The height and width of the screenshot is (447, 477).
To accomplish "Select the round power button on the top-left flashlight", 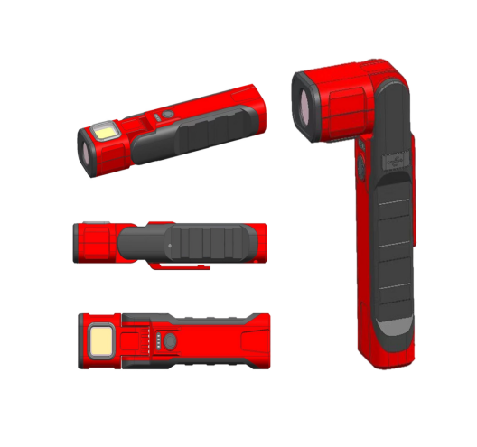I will pyautogui.click(x=155, y=117).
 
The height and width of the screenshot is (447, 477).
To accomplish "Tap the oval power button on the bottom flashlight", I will pyautogui.click(x=172, y=342).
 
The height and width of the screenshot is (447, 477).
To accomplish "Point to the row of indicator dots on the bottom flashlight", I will pyautogui.click(x=158, y=342).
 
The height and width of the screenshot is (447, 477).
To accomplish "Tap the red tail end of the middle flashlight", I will pyautogui.click(x=258, y=242).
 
